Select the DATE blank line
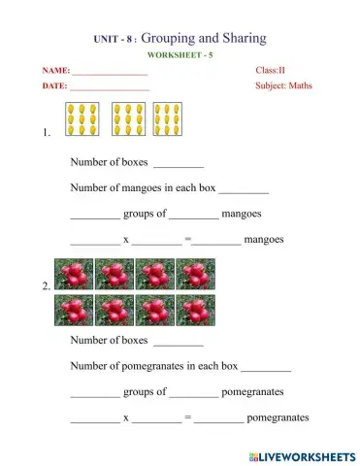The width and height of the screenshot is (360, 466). click(110, 89)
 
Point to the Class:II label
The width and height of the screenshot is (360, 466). click(269, 71)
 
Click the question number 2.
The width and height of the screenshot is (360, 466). click(47, 287)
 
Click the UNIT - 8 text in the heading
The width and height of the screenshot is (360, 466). click(107, 39)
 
